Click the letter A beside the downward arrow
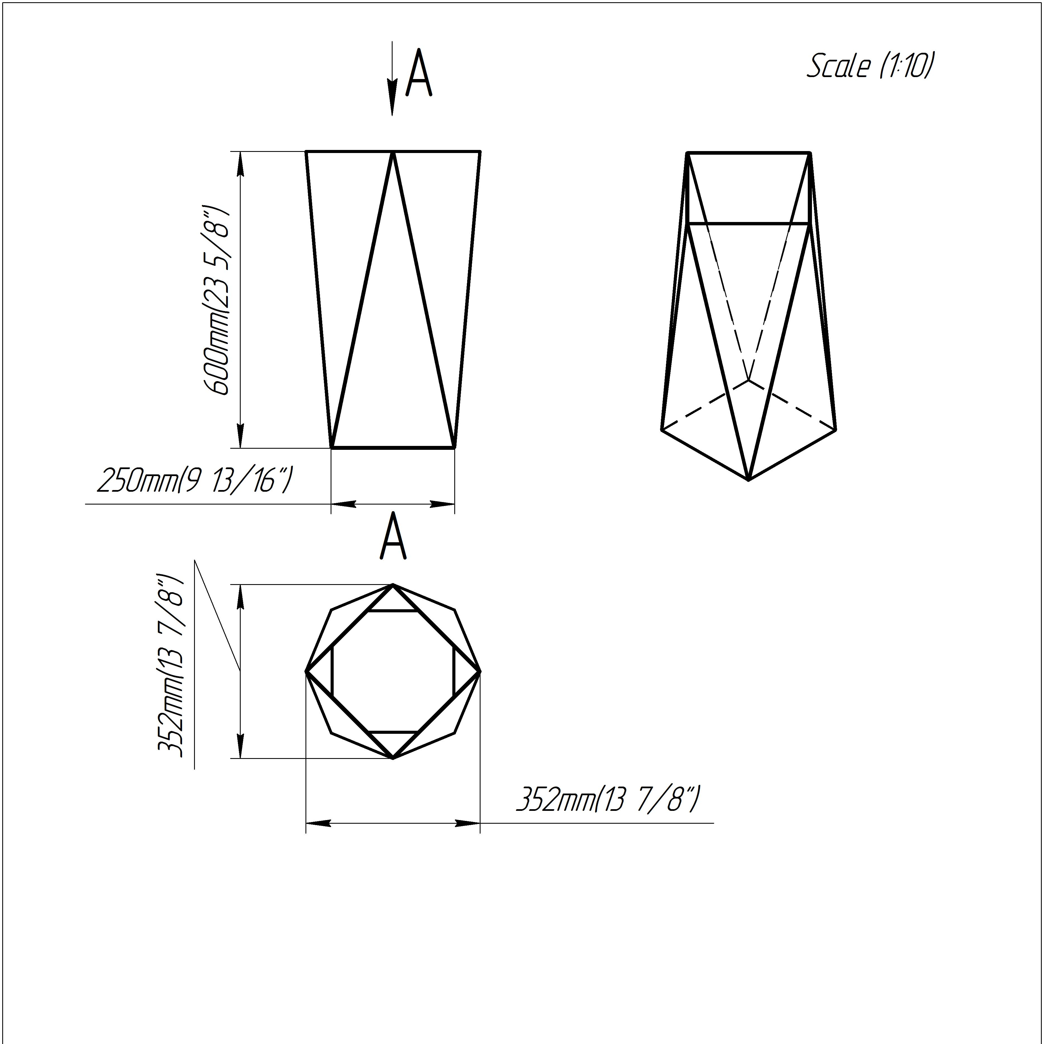(x=419, y=73)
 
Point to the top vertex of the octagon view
(x=393, y=585)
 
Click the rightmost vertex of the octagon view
(x=480, y=672)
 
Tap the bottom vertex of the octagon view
(x=393, y=758)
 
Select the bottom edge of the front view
(x=393, y=447)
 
